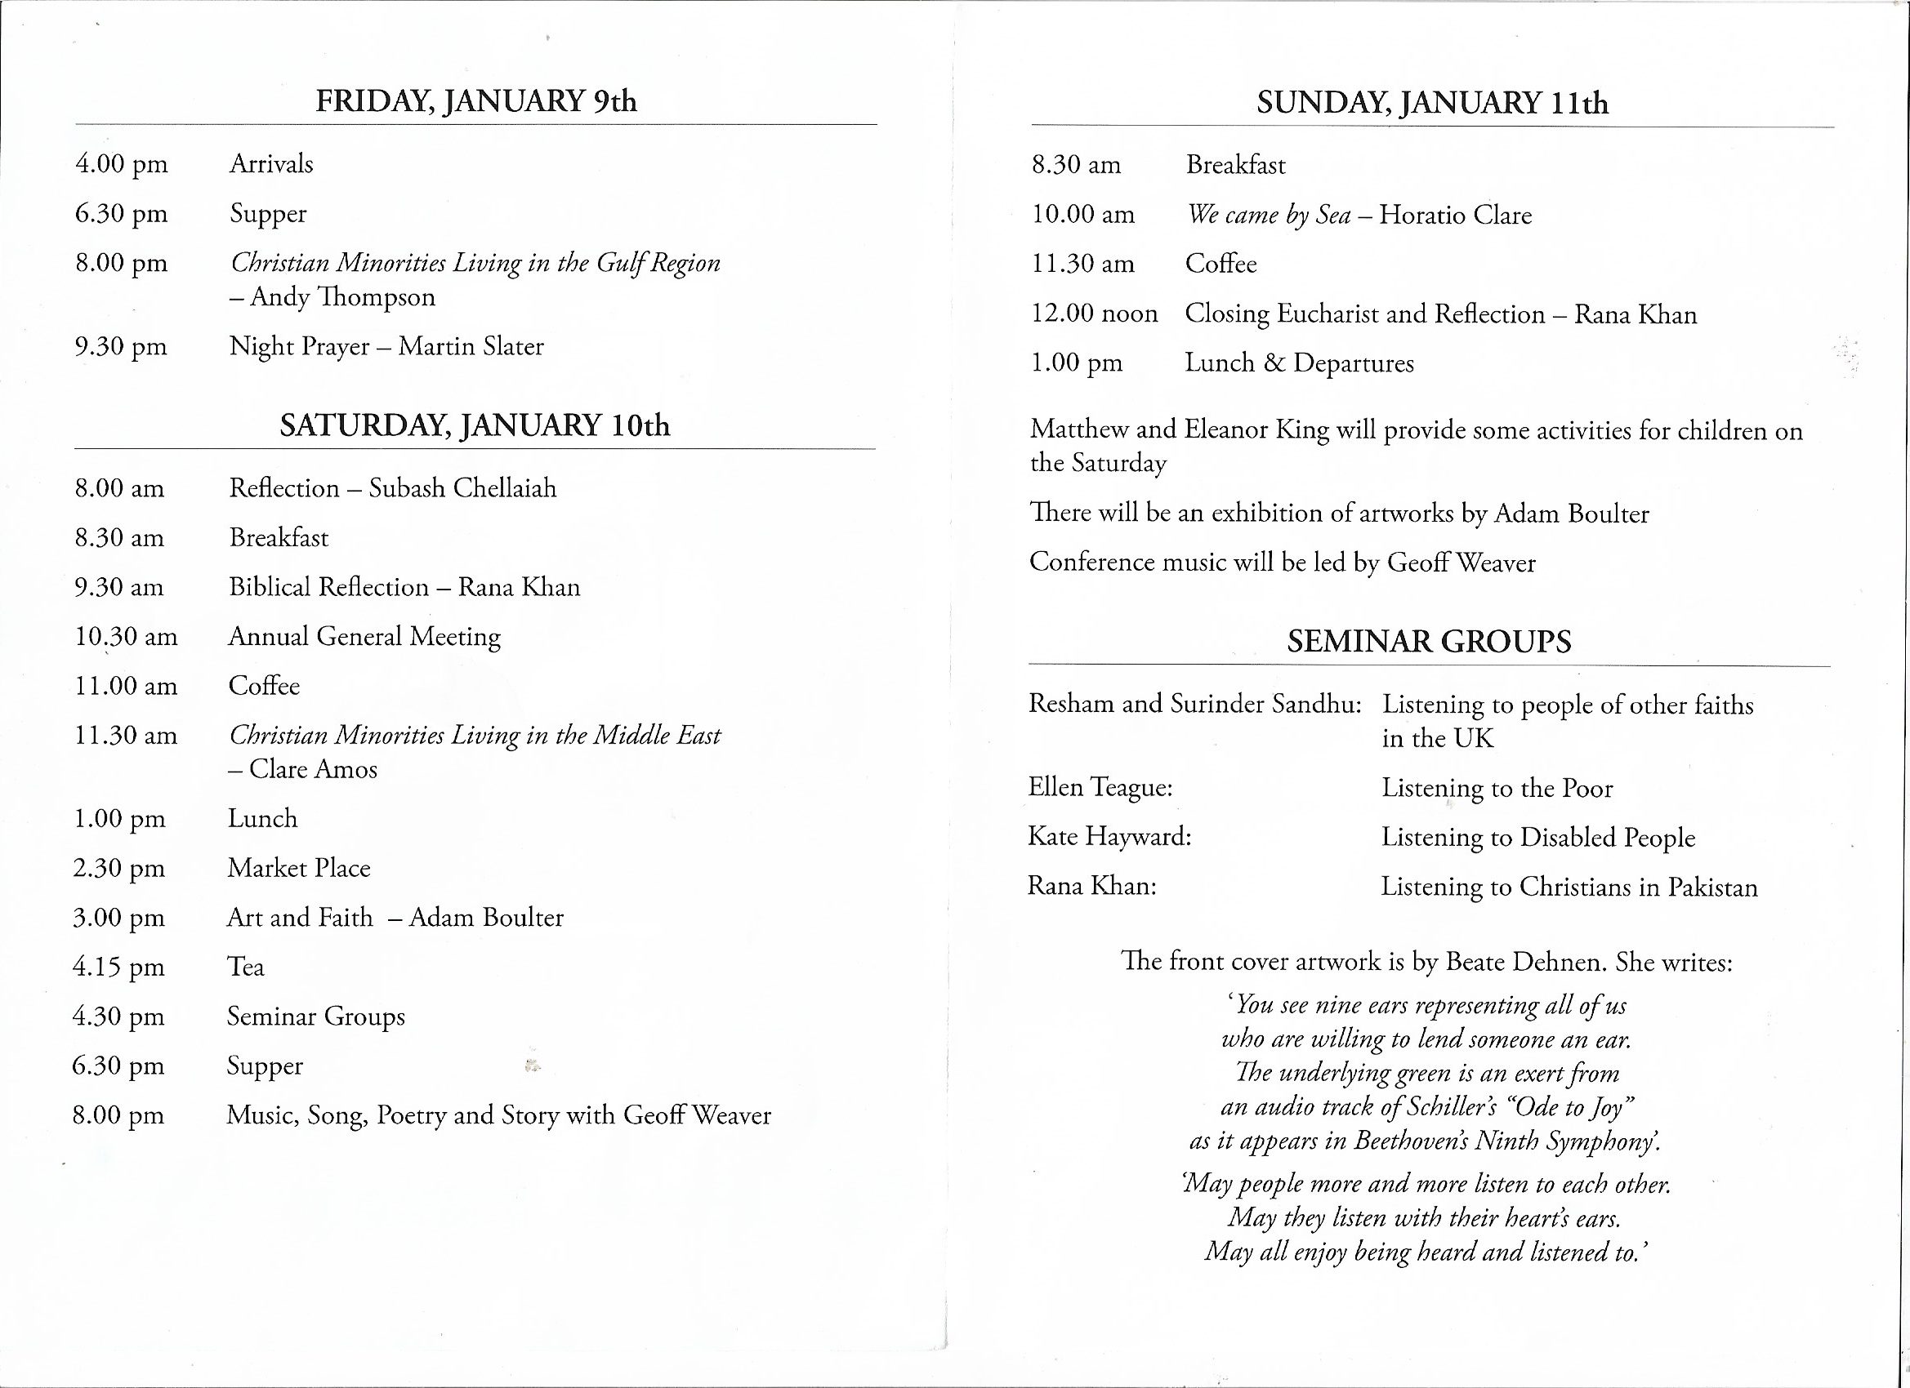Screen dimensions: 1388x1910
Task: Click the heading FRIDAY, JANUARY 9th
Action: pos(475,102)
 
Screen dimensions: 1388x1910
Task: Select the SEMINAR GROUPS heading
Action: pos(1428,643)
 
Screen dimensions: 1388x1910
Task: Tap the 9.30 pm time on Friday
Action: pos(121,347)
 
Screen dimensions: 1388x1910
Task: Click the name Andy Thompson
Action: pos(343,297)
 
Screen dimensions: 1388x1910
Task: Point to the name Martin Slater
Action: pos(471,346)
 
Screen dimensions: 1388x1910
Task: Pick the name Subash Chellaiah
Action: pos(462,488)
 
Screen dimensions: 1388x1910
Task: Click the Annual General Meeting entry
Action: pos(364,636)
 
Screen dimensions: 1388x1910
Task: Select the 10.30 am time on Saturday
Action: pos(127,636)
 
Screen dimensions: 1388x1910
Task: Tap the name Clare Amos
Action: pos(312,768)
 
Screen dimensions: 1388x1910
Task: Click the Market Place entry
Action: pos(299,868)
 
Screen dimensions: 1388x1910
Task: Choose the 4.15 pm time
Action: pos(118,967)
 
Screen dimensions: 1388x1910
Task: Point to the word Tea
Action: pos(245,967)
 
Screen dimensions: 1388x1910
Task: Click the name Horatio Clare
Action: pos(1455,216)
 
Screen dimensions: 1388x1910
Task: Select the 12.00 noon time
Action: pos(1094,314)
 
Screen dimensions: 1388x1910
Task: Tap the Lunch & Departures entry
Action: pos(1299,363)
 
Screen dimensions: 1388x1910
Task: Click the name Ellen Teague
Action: pos(1100,788)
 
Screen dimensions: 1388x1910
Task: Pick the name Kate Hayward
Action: pos(1109,837)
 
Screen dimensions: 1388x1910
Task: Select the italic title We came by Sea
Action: pos(1268,216)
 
